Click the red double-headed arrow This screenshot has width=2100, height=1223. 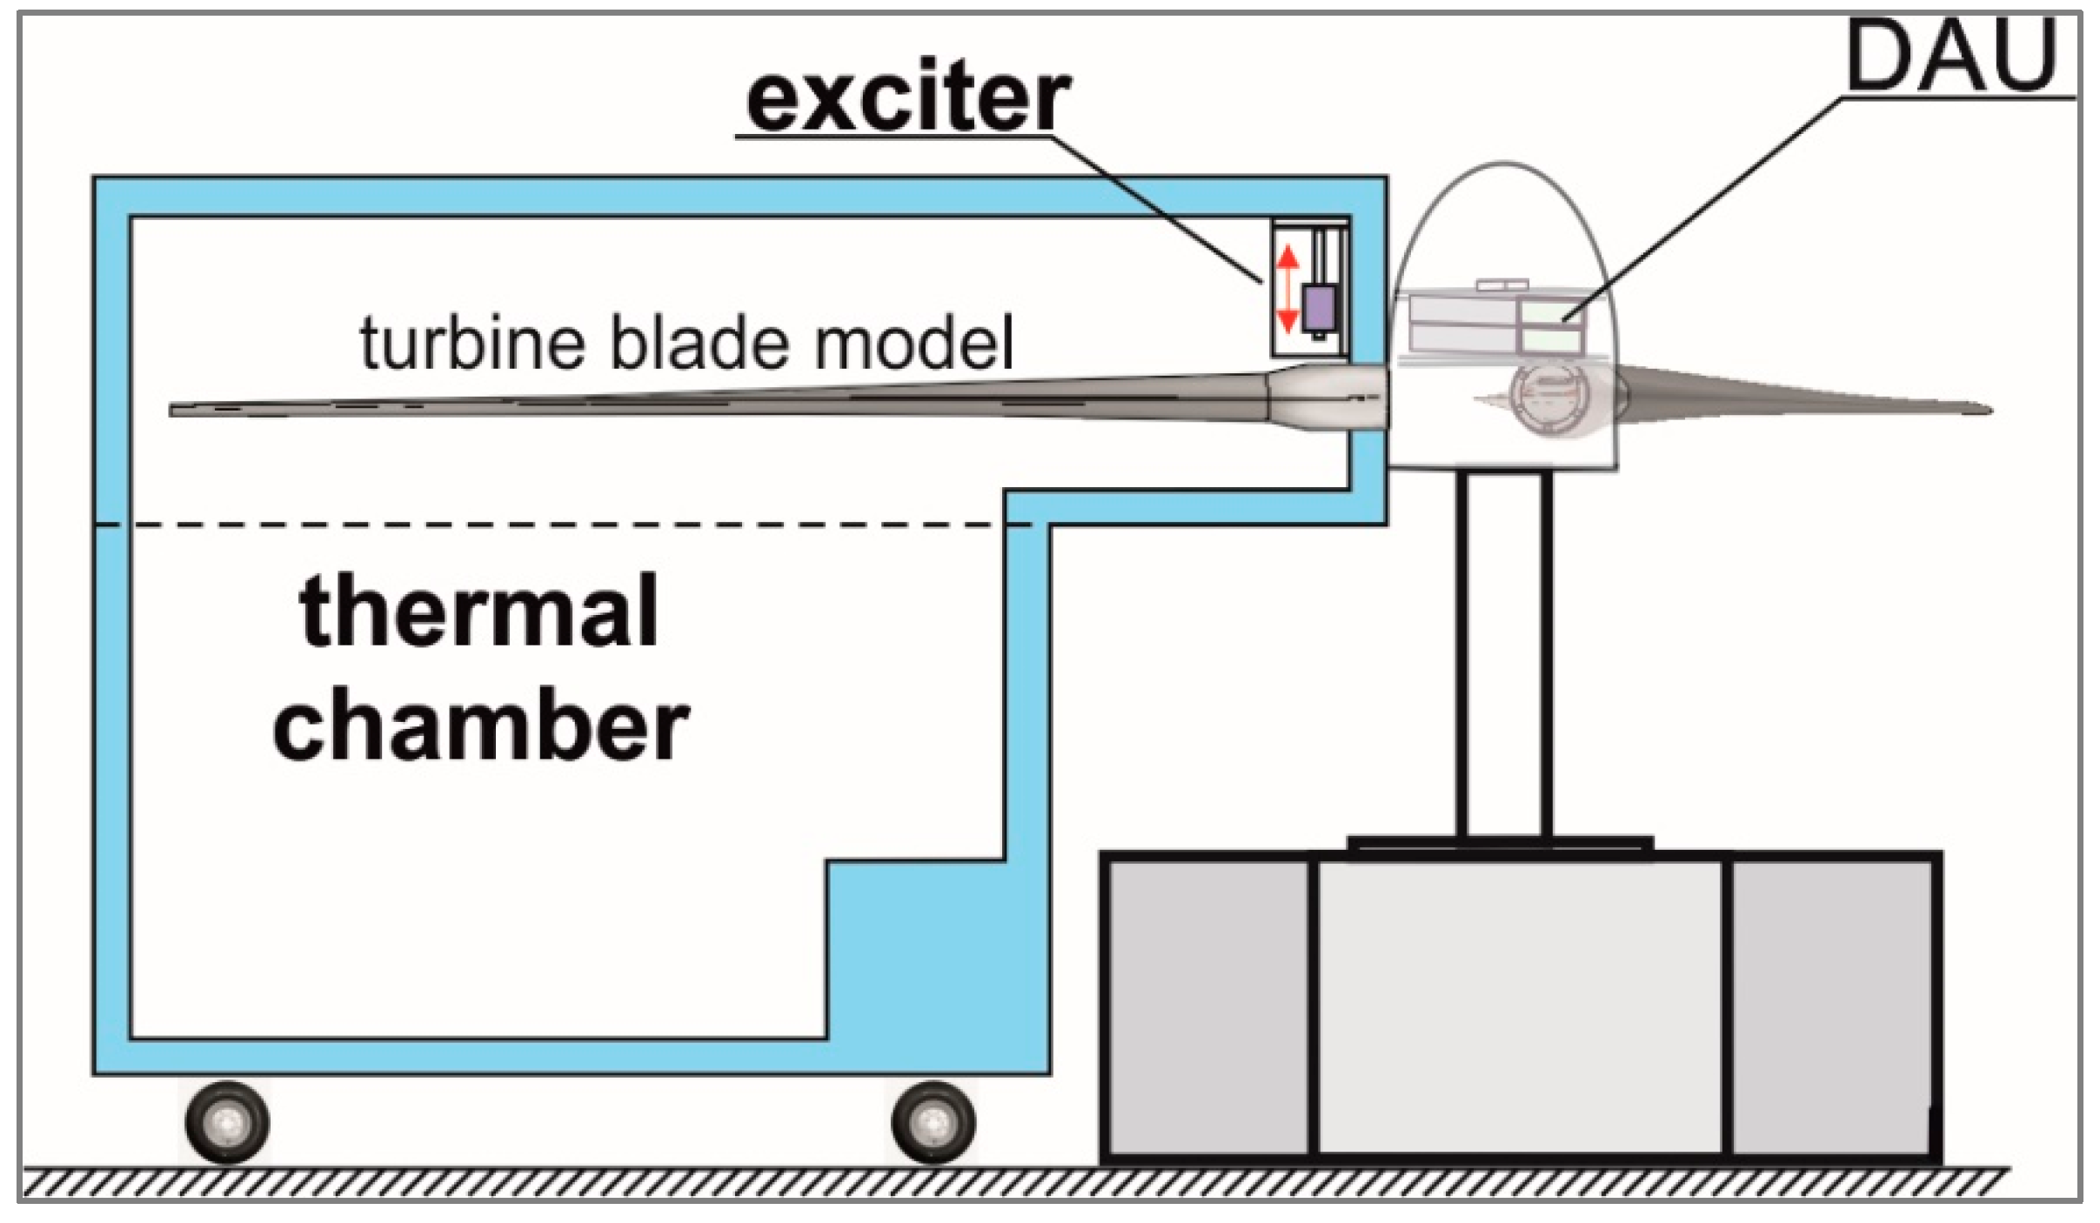coord(1287,290)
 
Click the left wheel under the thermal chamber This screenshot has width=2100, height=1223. coord(227,1122)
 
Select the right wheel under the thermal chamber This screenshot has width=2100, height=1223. coord(933,1122)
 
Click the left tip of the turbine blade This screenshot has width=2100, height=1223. coord(174,409)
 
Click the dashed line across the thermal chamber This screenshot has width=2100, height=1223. coord(557,525)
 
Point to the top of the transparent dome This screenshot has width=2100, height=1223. coord(1503,163)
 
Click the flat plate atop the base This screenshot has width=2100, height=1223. coord(1500,845)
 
